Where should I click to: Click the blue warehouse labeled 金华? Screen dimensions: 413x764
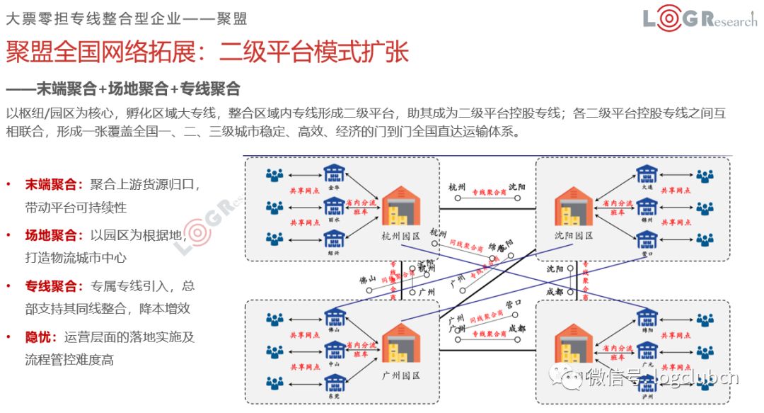click(x=333, y=174)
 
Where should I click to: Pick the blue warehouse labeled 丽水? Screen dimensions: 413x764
click(x=333, y=206)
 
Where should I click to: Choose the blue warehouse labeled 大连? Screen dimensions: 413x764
click(x=645, y=174)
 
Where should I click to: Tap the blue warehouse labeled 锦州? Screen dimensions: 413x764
click(x=645, y=206)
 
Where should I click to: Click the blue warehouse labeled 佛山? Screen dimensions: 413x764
click(x=333, y=316)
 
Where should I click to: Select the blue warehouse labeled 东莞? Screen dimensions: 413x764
click(x=333, y=383)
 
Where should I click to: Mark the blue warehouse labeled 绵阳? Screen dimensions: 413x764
click(x=645, y=316)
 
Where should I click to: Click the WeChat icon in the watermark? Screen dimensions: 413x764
click(x=569, y=378)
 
